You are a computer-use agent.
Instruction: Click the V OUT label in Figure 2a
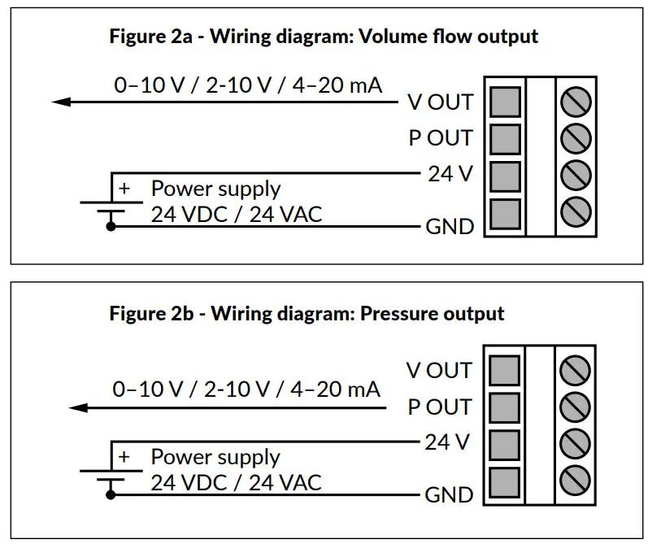click(x=440, y=102)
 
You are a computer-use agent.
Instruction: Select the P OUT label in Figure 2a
click(x=440, y=138)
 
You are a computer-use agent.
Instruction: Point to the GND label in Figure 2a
click(x=450, y=226)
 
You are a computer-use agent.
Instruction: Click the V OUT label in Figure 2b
click(x=439, y=371)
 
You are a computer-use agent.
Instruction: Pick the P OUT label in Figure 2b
click(x=439, y=407)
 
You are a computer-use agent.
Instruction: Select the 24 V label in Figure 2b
click(x=448, y=442)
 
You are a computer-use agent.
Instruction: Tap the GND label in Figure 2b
click(x=449, y=494)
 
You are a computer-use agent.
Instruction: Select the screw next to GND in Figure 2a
click(x=576, y=211)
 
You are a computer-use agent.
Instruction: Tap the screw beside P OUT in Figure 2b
click(x=576, y=406)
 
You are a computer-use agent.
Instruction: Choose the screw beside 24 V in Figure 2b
click(x=576, y=442)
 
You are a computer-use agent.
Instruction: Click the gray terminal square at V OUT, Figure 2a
click(x=506, y=102)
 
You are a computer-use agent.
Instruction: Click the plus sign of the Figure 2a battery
click(x=124, y=188)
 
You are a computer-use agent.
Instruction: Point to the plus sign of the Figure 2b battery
click(x=124, y=456)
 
